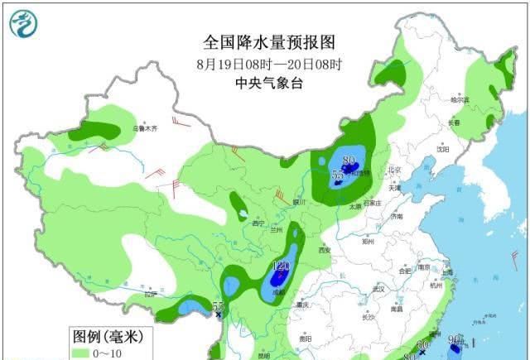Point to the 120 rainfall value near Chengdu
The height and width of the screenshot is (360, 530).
coord(281,266)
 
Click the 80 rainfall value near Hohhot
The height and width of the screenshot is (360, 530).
coord(349,161)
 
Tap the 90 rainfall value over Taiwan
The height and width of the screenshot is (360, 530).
coord(455,339)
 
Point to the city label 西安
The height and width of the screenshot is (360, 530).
coord(324,250)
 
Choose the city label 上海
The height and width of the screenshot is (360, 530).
coord(447,271)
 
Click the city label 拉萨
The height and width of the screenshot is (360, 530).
coord(150,294)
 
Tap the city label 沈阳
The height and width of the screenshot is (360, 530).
coord(444,150)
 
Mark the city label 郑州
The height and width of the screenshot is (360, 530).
coord(368,242)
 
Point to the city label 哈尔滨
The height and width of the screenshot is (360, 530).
coord(460,99)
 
